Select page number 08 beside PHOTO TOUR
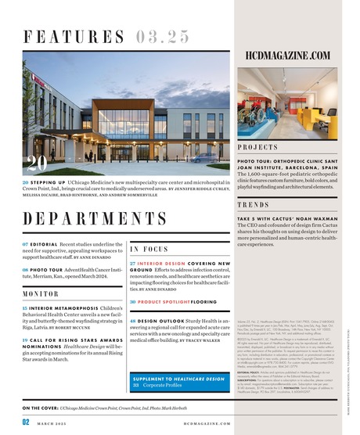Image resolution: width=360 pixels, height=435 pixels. pyautogui.click(x=26, y=269)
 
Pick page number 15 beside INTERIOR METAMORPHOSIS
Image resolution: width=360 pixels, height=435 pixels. pyautogui.click(x=26, y=309)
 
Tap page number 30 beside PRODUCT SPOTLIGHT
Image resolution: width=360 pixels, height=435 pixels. pyautogui.click(x=134, y=301)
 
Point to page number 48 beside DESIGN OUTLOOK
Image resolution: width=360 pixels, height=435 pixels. pyautogui.click(x=134, y=321)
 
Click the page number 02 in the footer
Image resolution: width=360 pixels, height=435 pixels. pyautogui.click(x=26, y=422)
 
